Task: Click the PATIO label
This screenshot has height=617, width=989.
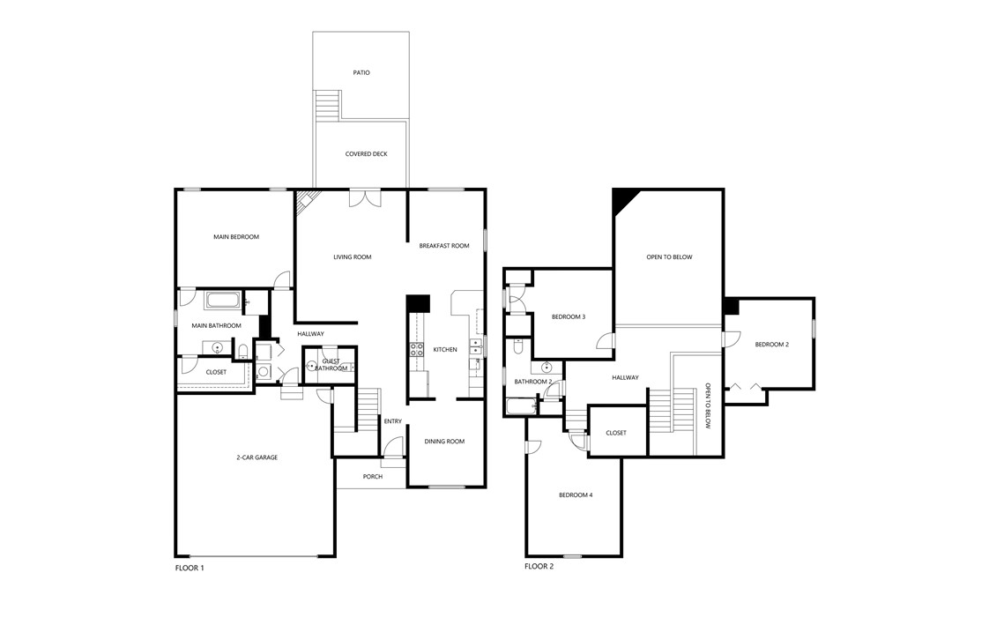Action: click(x=361, y=72)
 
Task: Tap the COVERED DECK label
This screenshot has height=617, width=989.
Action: click(x=366, y=153)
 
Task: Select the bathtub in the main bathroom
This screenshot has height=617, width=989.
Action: click(x=222, y=301)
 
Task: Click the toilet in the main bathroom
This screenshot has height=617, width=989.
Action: click(x=243, y=351)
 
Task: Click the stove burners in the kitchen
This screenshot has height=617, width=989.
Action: click(x=417, y=350)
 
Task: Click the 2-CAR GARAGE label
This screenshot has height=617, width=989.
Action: click(x=257, y=457)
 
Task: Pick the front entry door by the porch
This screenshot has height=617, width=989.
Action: click(x=392, y=448)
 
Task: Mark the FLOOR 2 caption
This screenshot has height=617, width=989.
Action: click(x=539, y=567)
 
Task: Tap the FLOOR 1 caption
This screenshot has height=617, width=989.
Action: click(x=190, y=569)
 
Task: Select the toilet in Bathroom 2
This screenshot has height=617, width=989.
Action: click(x=517, y=346)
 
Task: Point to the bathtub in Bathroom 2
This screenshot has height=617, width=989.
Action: click(x=521, y=406)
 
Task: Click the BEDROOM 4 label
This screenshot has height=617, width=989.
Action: click(x=576, y=495)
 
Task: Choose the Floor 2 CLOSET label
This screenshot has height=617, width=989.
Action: click(x=616, y=433)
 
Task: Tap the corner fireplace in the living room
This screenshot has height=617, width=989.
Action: click(x=304, y=202)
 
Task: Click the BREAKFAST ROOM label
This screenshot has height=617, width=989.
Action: click(x=443, y=246)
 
